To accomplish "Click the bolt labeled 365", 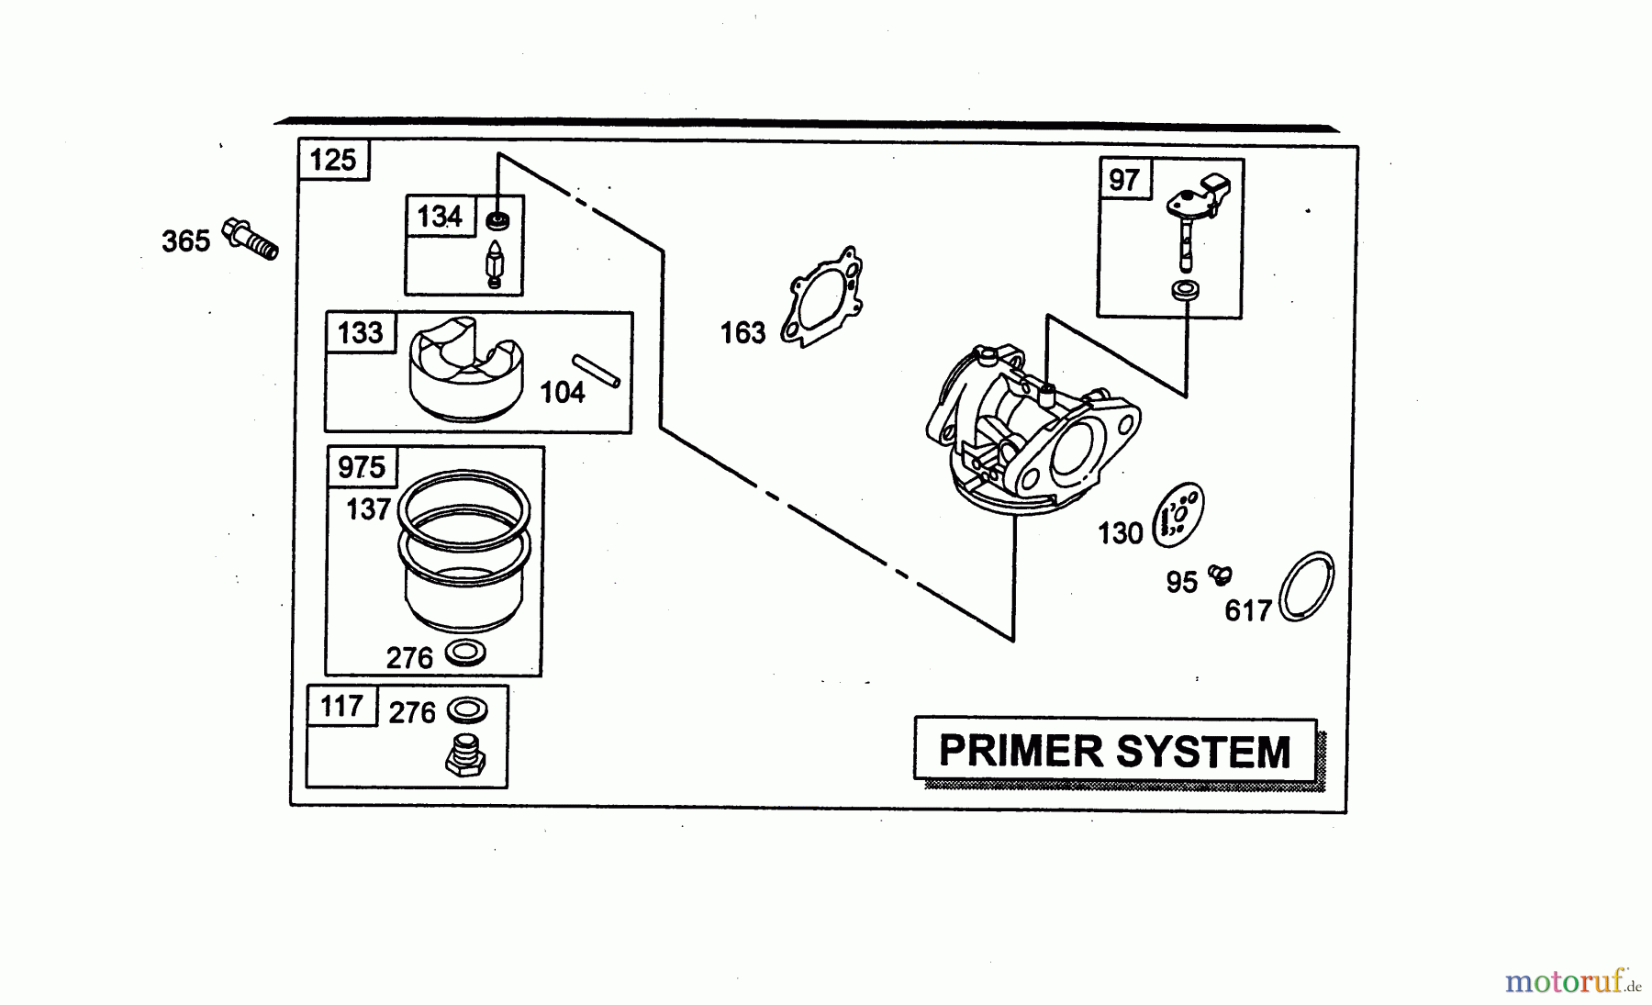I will (250, 238).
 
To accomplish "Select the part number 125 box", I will (333, 160).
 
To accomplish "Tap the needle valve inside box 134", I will (494, 264).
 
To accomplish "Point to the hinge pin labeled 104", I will (597, 370).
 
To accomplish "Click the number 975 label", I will (362, 467).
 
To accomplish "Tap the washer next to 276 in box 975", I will (465, 653).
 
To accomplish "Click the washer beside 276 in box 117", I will (467, 710).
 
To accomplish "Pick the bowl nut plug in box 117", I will (465, 757).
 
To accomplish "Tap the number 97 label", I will (1124, 180).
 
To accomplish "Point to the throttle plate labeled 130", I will (1178, 517).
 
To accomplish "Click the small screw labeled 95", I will (1220, 575).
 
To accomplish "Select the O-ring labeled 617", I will (1306, 587).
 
